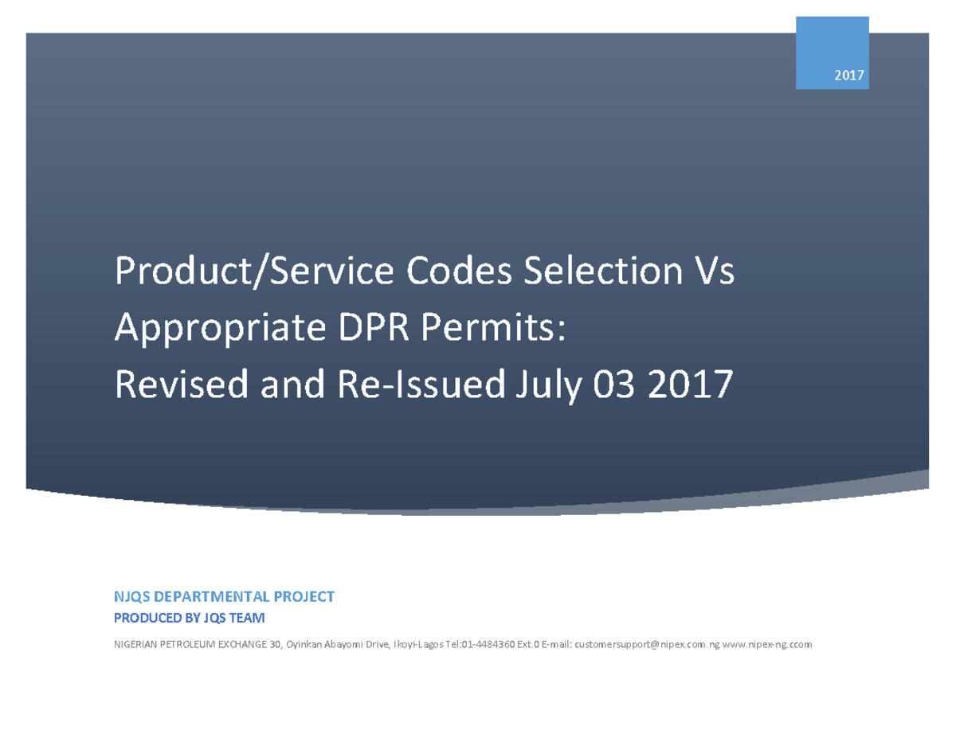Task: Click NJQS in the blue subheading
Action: click(x=133, y=596)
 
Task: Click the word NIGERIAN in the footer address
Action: click(x=137, y=644)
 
